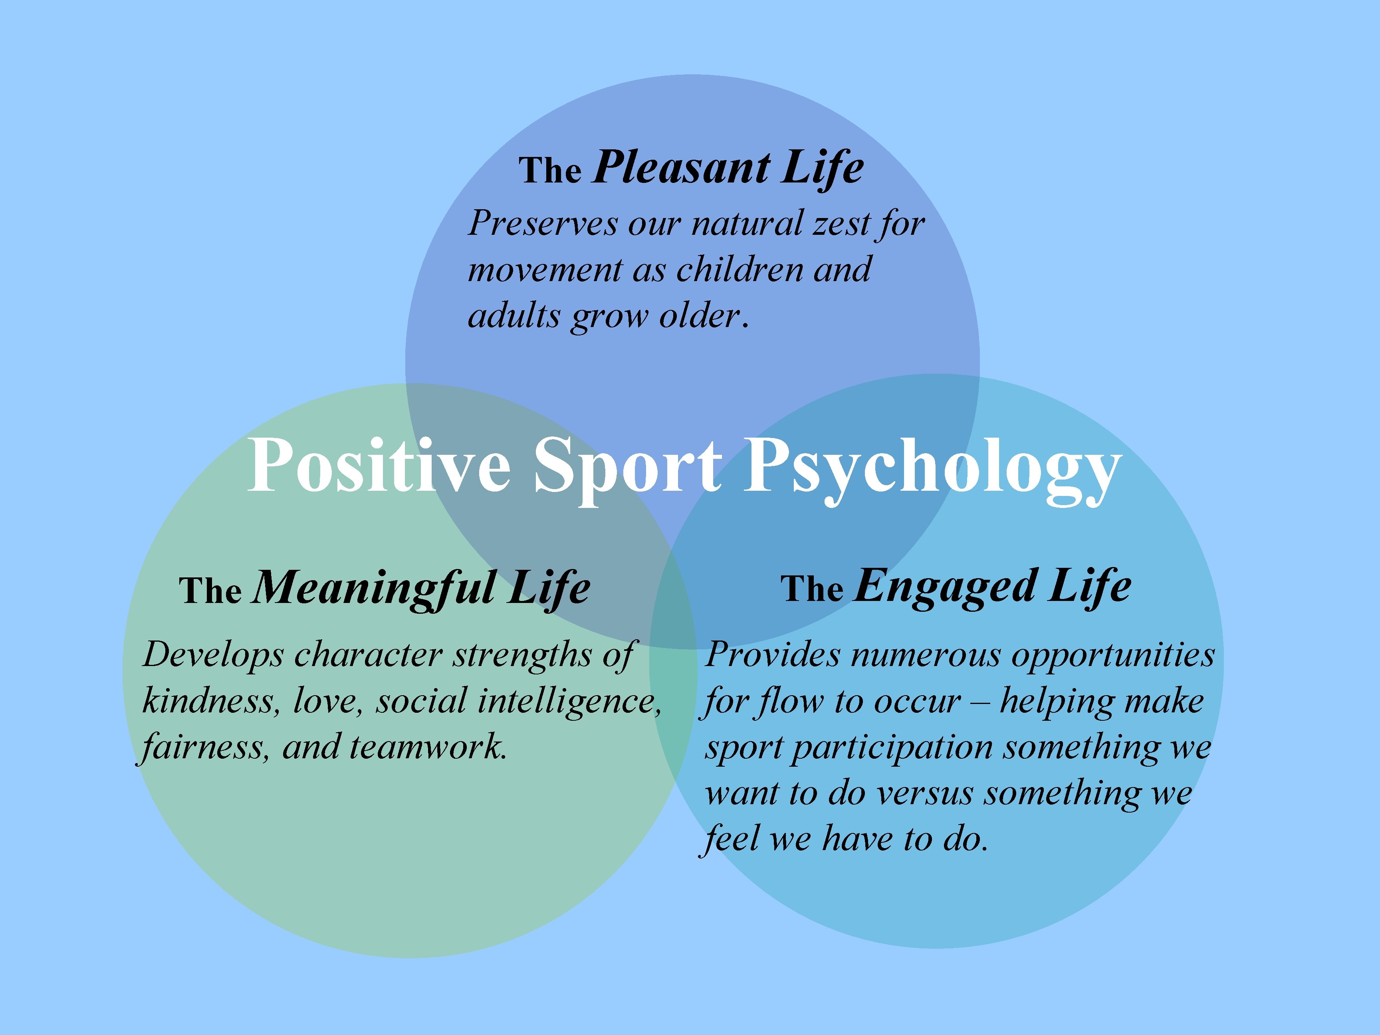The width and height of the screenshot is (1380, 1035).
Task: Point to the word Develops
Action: click(x=213, y=656)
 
